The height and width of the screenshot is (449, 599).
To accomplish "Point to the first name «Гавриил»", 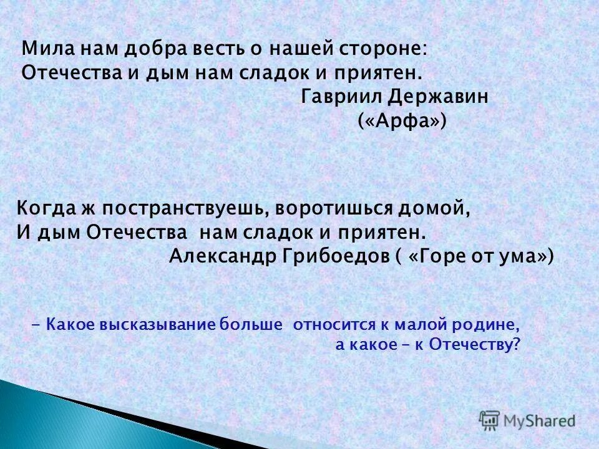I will point(337,97).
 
